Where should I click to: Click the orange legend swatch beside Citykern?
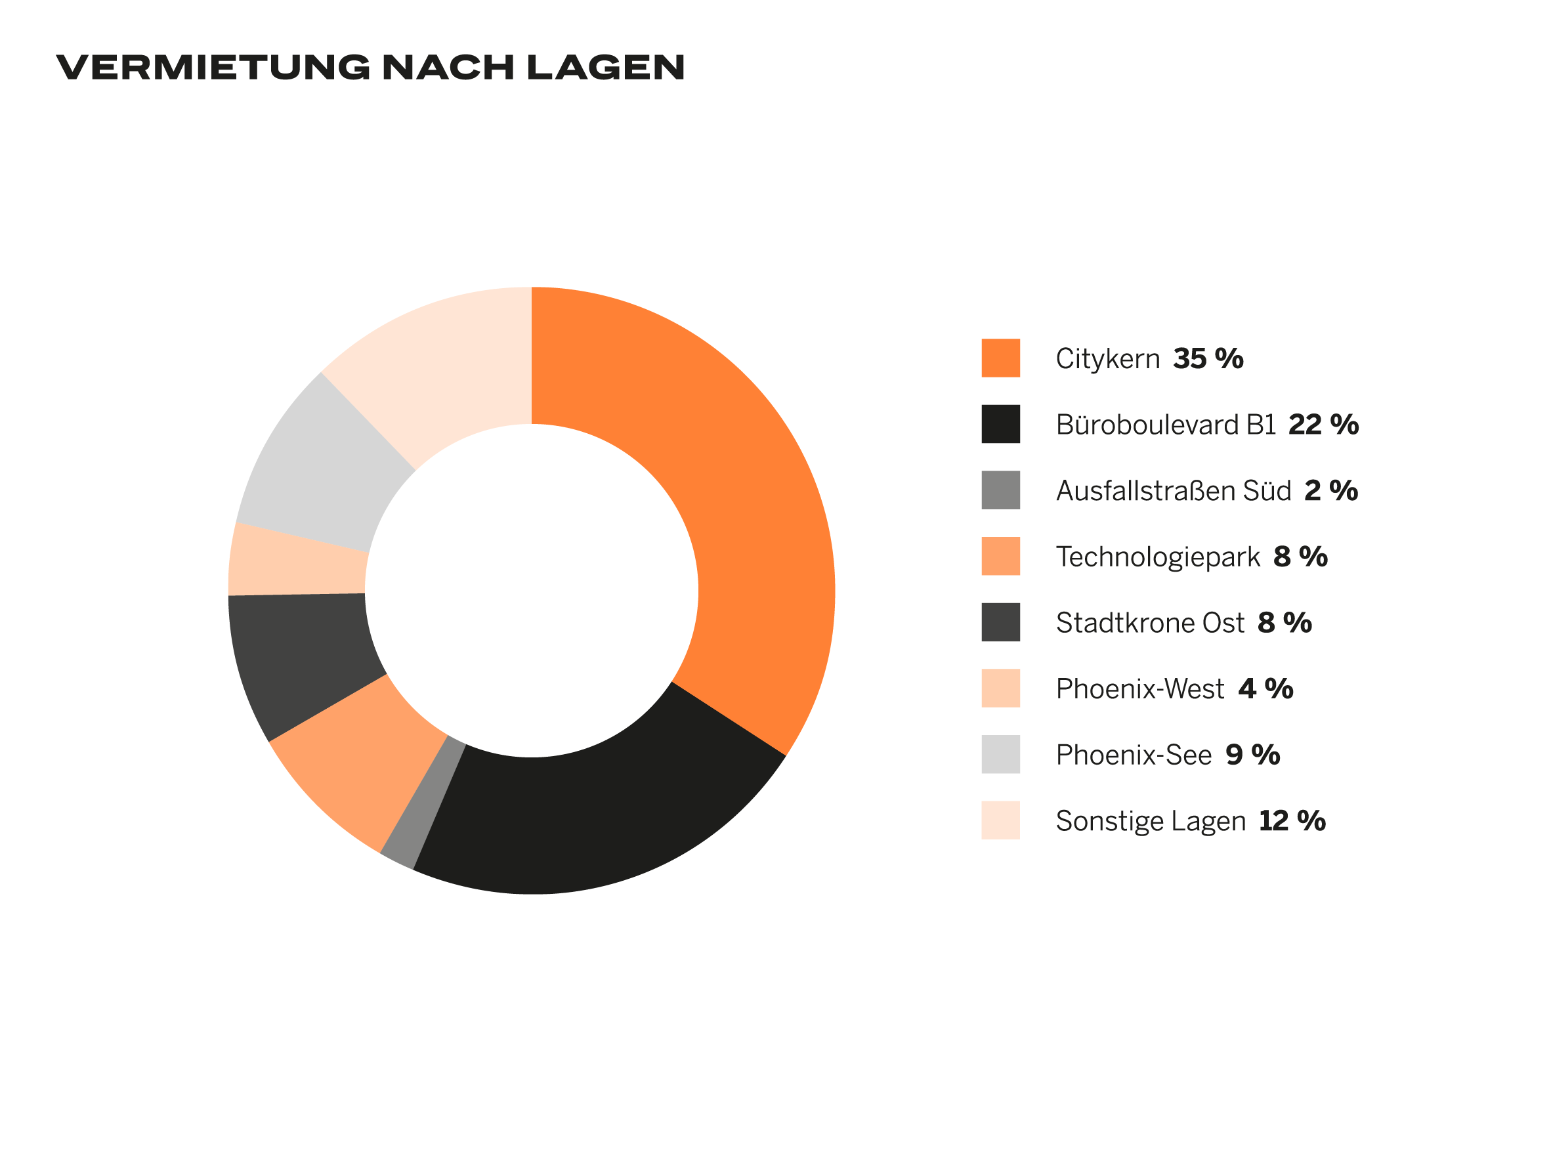1000,358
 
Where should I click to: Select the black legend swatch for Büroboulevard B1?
1000,424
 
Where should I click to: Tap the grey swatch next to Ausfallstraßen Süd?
1000,490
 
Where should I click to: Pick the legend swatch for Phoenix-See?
1000,754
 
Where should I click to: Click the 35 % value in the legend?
1208,359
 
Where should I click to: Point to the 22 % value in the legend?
1323,425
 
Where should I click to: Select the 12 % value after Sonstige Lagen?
1292,821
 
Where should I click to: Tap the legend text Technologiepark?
1158,557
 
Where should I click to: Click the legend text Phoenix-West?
1140,689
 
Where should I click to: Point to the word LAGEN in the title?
605,68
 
